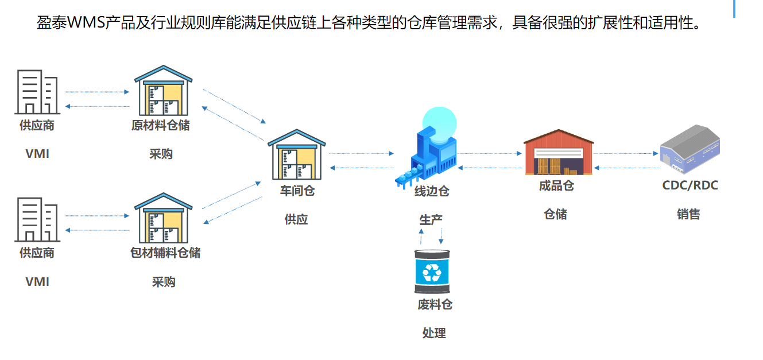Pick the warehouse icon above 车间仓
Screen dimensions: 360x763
pos(297,154)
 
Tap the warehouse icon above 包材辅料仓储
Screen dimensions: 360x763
pos(163,218)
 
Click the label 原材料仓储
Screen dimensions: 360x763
pos(161,125)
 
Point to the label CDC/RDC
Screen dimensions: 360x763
pos(690,185)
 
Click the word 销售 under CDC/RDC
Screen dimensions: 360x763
pos(688,214)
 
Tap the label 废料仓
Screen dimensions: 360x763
pos(435,304)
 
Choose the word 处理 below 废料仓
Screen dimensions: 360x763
pos(434,333)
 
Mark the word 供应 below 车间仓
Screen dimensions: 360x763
pos(296,219)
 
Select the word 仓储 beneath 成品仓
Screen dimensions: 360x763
pos(555,214)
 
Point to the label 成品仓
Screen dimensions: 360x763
pos(556,185)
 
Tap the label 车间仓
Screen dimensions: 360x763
pos(297,191)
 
